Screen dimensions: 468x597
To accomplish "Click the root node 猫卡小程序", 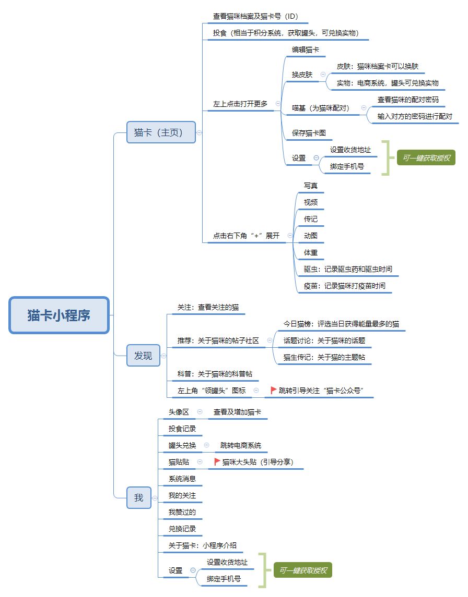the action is [58, 315].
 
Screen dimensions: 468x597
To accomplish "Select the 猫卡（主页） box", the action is [160, 132].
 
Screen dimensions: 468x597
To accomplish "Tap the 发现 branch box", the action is [143, 355].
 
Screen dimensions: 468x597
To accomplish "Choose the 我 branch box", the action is [139, 497].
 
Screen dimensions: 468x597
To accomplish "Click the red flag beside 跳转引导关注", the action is [273, 390].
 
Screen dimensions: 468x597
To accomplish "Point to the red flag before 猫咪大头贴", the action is [217, 461].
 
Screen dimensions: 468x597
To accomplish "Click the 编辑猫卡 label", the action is [305, 50].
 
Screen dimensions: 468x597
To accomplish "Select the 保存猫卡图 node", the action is [309, 133].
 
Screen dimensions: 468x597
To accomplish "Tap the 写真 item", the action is [310, 186].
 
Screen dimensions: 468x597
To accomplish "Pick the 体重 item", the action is [310, 252].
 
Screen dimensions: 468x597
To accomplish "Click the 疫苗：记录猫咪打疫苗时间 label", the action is [344, 286].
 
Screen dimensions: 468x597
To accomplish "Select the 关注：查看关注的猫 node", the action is [208, 307].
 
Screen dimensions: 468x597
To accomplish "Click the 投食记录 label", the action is [182, 429].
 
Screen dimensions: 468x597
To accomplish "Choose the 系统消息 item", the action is [182, 479].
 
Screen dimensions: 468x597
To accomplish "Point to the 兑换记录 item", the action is [182, 529].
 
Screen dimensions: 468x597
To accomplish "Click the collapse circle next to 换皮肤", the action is [323, 74].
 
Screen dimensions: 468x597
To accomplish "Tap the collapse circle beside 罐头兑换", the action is [207, 445].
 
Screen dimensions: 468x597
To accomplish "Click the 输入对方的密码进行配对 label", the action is [415, 116].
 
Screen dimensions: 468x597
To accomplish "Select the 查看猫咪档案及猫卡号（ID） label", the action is [255, 16].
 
